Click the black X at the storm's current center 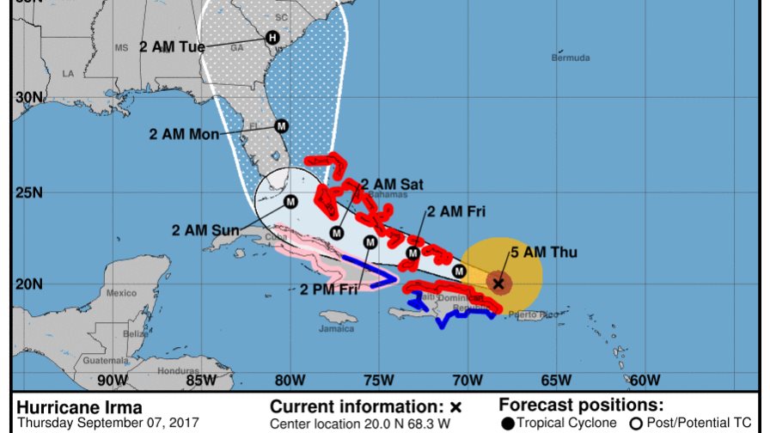tap(498, 282)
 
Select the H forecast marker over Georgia tap(272, 37)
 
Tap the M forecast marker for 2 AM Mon tap(280, 126)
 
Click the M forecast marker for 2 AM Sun tap(290, 202)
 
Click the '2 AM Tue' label tap(172, 46)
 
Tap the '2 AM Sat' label tap(392, 184)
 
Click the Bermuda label tap(571, 58)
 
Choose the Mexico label tap(121, 293)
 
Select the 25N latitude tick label tap(29, 192)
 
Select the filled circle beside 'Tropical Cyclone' tap(508, 423)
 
